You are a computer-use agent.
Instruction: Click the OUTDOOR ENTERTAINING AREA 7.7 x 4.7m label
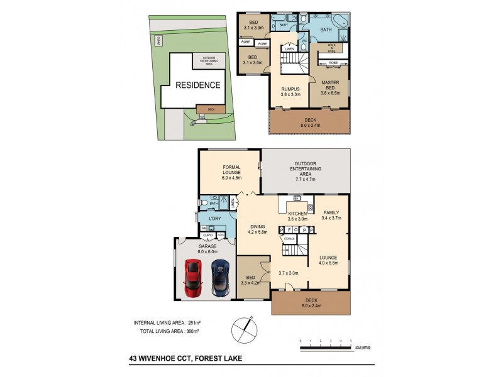coord(306,172)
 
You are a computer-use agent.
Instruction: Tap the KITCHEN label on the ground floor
coord(297,217)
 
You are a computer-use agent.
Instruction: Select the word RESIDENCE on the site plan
coord(197,85)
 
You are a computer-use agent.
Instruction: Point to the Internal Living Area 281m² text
coord(167,323)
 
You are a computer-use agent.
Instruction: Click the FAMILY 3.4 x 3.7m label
coord(331,216)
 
